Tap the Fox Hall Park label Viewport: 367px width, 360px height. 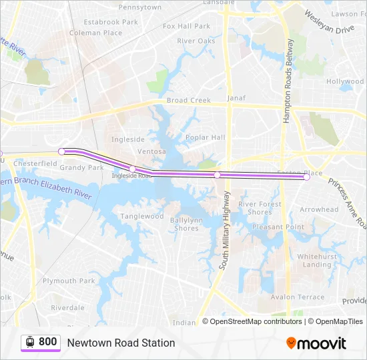click(x=186, y=26)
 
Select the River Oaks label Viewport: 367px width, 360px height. click(x=196, y=41)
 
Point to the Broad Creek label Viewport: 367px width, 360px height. click(x=188, y=100)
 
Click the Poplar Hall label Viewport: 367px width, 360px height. click(x=205, y=137)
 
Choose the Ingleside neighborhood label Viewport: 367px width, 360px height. click(x=127, y=139)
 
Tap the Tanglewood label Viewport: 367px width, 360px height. click(x=141, y=216)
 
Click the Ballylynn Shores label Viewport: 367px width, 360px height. click(x=185, y=224)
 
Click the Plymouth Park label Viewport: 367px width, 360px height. click(x=69, y=281)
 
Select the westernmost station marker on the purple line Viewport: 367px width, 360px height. click(x=61, y=152)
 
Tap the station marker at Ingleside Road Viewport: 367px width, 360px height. click(x=133, y=169)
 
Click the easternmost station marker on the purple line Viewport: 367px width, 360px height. click(x=307, y=177)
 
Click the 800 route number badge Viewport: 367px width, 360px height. click(x=41, y=342)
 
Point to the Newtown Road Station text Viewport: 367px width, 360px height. click(x=121, y=343)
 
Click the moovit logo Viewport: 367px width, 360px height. click(x=316, y=343)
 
